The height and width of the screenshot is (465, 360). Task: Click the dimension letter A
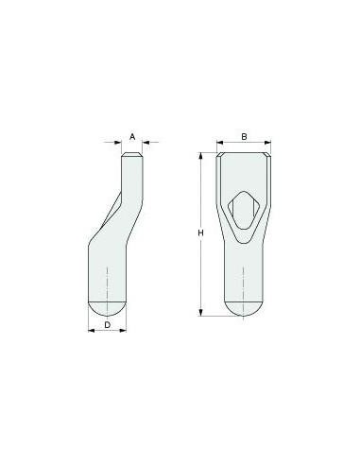[x=132, y=137]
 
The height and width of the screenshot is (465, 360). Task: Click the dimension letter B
[x=244, y=137]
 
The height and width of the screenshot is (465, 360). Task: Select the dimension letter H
[x=200, y=233]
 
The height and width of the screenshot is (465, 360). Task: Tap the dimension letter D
[x=108, y=324]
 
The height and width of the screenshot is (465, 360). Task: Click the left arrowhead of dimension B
[x=220, y=143]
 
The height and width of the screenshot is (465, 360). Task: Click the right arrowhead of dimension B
[x=267, y=143]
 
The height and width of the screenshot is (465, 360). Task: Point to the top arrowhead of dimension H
[x=201, y=156]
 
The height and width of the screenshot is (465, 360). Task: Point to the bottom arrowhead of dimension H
[x=201, y=313]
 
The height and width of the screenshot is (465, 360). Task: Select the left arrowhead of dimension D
[x=92, y=330]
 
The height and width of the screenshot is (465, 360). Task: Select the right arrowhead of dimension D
[x=123, y=330]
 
